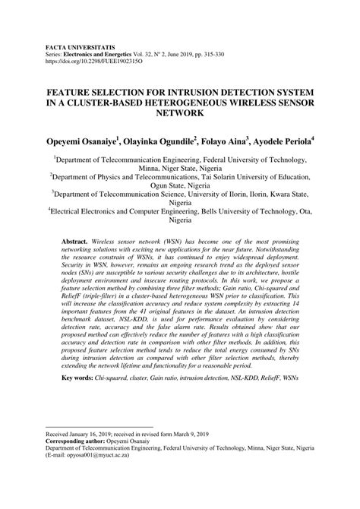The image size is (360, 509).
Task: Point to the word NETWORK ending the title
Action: point(180,113)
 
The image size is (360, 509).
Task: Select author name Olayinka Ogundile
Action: point(168,141)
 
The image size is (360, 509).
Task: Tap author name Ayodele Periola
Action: point(288,141)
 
